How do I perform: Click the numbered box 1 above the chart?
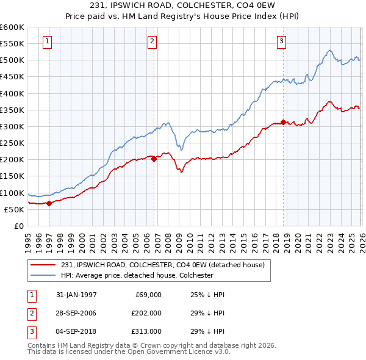[x=48, y=41]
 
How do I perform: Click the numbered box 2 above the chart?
[x=152, y=41]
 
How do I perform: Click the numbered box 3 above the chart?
[x=281, y=41]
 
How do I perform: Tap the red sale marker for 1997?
[x=49, y=204]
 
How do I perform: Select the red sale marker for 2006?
[x=154, y=159]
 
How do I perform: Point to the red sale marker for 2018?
[x=283, y=122]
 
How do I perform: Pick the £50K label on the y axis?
[x=14, y=209]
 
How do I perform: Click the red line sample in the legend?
[x=43, y=265]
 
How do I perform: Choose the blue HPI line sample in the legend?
[x=43, y=275]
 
